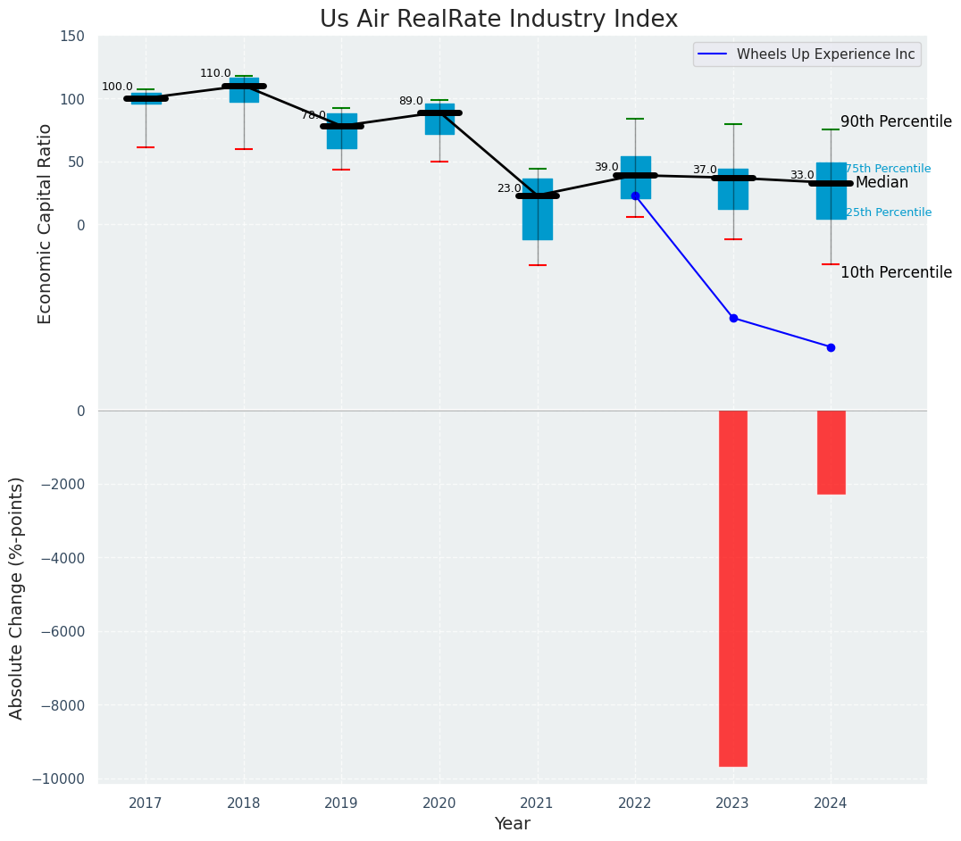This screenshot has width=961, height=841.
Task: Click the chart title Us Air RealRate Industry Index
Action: pos(498,20)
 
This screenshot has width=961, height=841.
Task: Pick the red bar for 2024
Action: pos(831,452)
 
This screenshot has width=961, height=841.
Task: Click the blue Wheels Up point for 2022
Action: pos(635,196)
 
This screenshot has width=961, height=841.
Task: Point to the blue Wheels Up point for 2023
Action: pos(733,318)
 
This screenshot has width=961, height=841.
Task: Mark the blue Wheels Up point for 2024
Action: pos(831,347)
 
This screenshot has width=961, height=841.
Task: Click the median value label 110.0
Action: pos(215,73)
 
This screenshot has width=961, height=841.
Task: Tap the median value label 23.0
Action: pos(509,188)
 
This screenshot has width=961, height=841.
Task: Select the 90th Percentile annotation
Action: pos(896,121)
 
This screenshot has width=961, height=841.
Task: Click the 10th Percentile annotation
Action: pos(896,272)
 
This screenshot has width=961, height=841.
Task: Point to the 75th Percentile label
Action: pos(888,169)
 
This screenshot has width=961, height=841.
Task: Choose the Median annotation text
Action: pos(882,182)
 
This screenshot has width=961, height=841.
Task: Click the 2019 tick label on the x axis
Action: pos(341,803)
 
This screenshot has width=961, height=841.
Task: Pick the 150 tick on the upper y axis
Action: pos(72,36)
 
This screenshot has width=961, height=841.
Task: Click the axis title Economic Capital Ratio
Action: pos(46,223)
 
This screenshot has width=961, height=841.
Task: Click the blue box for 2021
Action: pos(538,209)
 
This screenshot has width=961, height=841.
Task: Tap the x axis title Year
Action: pos(513,823)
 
